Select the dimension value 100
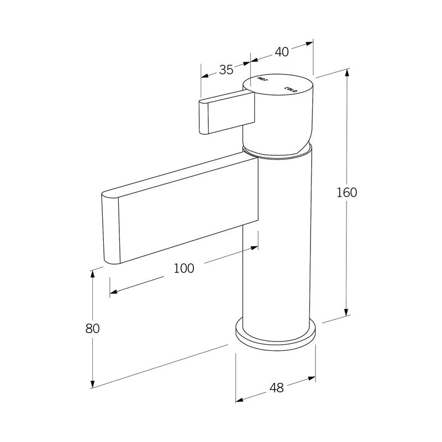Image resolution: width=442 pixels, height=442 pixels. (x=184, y=269)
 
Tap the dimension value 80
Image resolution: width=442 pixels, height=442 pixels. (x=92, y=328)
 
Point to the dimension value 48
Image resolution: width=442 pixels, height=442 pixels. (x=276, y=387)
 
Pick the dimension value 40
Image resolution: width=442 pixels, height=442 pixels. (x=282, y=52)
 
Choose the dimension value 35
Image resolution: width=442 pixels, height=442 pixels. (x=226, y=70)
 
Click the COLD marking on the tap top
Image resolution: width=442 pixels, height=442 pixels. (x=291, y=88)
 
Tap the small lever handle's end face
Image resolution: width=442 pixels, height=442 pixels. (x=203, y=117)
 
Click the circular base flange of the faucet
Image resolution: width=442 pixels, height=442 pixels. (x=275, y=334)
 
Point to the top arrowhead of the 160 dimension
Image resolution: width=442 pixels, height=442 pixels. (x=346, y=72)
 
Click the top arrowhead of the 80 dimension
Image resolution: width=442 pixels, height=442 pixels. (x=93, y=273)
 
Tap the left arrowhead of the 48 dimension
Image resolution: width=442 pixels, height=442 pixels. (x=239, y=399)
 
